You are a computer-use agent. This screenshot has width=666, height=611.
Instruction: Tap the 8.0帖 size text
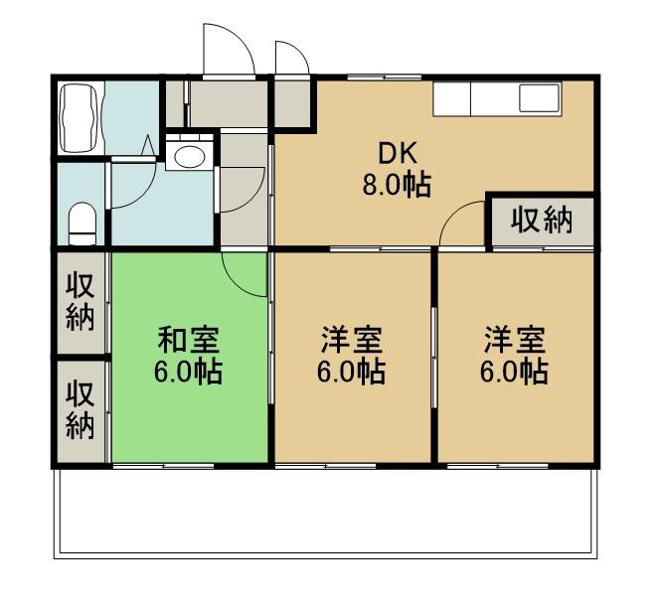pyautogui.click(x=397, y=185)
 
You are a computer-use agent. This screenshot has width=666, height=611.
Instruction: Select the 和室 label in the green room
pyautogui.click(x=189, y=341)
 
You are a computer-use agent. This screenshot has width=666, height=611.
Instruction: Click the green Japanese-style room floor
pyautogui.click(x=189, y=417)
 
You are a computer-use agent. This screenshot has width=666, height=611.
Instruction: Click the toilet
pyautogui.click(x=82, y=222)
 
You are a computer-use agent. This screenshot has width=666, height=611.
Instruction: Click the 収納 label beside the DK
pyautogui.click(x=542, y=220)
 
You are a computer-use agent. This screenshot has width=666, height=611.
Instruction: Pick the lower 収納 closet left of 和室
pyautogui.click(x=81, y=410)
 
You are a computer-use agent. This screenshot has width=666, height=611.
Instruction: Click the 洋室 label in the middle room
pyautogui.click(x=351, y=341)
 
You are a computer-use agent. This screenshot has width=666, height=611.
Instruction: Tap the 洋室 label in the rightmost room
pyautogui.click(x=514, y=341)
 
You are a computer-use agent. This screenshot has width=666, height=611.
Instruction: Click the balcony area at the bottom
pyautogui.click(x=328, y=512)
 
